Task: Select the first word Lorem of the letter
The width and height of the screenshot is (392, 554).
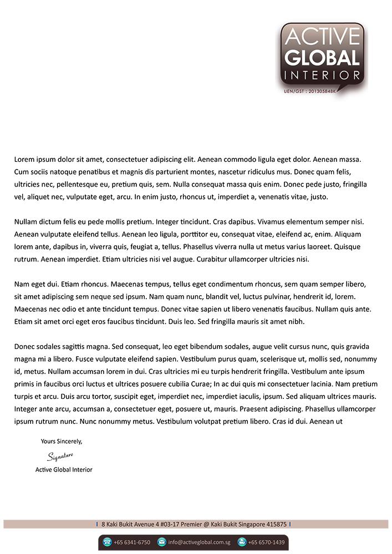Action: (24, 160)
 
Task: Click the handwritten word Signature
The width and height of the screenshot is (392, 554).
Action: (60, 456)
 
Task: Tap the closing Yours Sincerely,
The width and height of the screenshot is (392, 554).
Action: (62, 442)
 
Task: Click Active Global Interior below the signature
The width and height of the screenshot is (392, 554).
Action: (64, 470)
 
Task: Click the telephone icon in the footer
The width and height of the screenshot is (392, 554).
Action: (107, 542)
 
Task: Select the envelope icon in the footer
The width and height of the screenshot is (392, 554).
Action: (162, 542)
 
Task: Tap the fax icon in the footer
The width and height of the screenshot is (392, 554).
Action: (242, 542)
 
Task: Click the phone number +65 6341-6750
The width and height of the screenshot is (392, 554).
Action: (131, 542)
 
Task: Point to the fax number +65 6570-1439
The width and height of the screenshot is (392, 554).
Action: (266, 542)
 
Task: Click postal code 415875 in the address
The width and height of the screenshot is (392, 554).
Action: (276, 524)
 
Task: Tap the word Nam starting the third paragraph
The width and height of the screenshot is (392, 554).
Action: (21, 284)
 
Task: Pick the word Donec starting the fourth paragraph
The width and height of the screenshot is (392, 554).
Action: (24, 347)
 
